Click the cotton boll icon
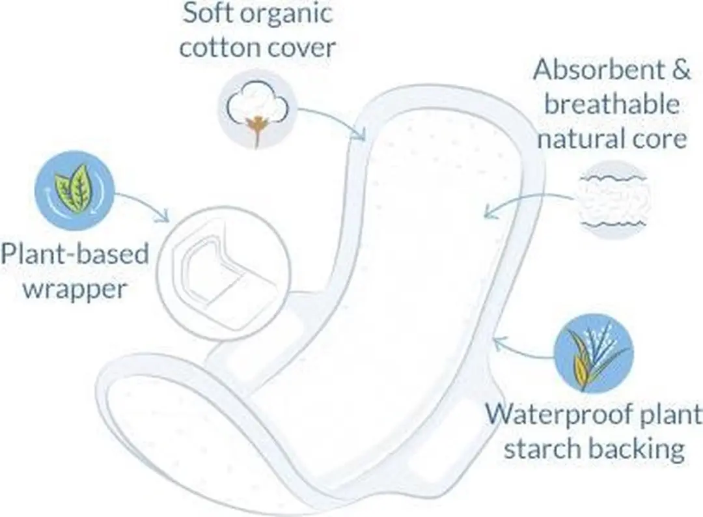257,109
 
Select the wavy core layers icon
613,198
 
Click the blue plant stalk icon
594,354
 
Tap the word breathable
612,104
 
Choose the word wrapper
75,290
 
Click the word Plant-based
74,253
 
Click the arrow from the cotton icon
337,117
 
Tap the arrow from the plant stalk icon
521,352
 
